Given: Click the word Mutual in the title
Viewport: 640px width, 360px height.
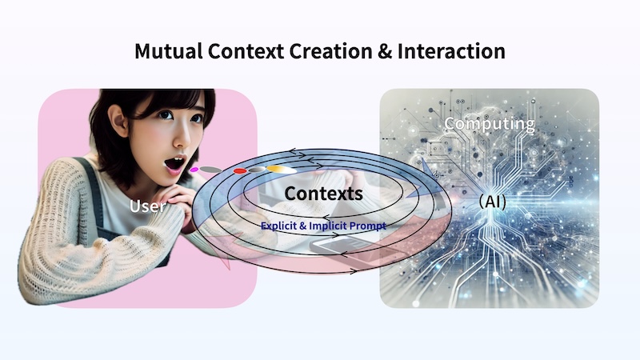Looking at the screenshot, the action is click(169, 51).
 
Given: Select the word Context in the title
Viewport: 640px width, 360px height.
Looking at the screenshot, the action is click(246, 51).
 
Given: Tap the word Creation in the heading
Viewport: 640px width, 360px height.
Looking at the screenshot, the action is click(330, 51).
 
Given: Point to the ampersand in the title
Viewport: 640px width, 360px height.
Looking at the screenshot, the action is click(385, 51).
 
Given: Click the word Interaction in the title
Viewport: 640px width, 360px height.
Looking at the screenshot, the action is click(451, 51).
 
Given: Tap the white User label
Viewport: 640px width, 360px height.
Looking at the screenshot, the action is click(147, 206).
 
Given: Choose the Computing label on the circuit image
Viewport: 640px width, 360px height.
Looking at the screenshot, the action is click(490, 124).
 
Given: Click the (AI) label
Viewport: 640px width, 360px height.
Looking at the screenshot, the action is click(492, 202).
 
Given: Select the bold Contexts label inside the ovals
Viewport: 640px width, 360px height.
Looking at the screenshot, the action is click(324, 194).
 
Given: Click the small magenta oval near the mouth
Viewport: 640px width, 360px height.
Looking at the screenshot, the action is click(194, 170).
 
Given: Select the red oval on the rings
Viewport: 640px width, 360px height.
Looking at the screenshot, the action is click(240, 170).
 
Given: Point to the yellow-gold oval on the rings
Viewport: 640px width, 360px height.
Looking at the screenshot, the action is click(282, 169).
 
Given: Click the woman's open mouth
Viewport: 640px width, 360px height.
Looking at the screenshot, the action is click(175, 164).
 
